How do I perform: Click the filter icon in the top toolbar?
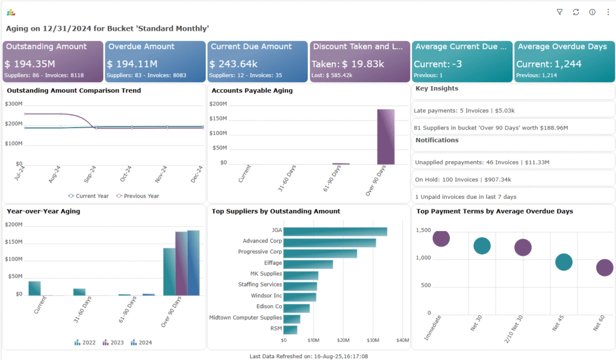tap(559, 12)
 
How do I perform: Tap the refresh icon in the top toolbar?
tap(576, 12)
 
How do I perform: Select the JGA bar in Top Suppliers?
tap(335, 231)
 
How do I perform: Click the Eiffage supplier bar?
tap(308, 264)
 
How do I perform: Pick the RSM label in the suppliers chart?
tap(276, 329)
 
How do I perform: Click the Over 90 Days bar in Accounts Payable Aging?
tap(386, 137)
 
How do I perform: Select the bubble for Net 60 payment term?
tap(604, 268)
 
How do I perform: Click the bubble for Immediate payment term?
tap(441, 238)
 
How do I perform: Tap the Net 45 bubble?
tap(564, 262)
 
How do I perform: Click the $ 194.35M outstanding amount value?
tap(30, 64)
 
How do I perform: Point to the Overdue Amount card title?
tap(141, 46)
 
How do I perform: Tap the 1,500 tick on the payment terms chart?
tap(423, 231)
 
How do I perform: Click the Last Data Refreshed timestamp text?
tap(308, 356)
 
